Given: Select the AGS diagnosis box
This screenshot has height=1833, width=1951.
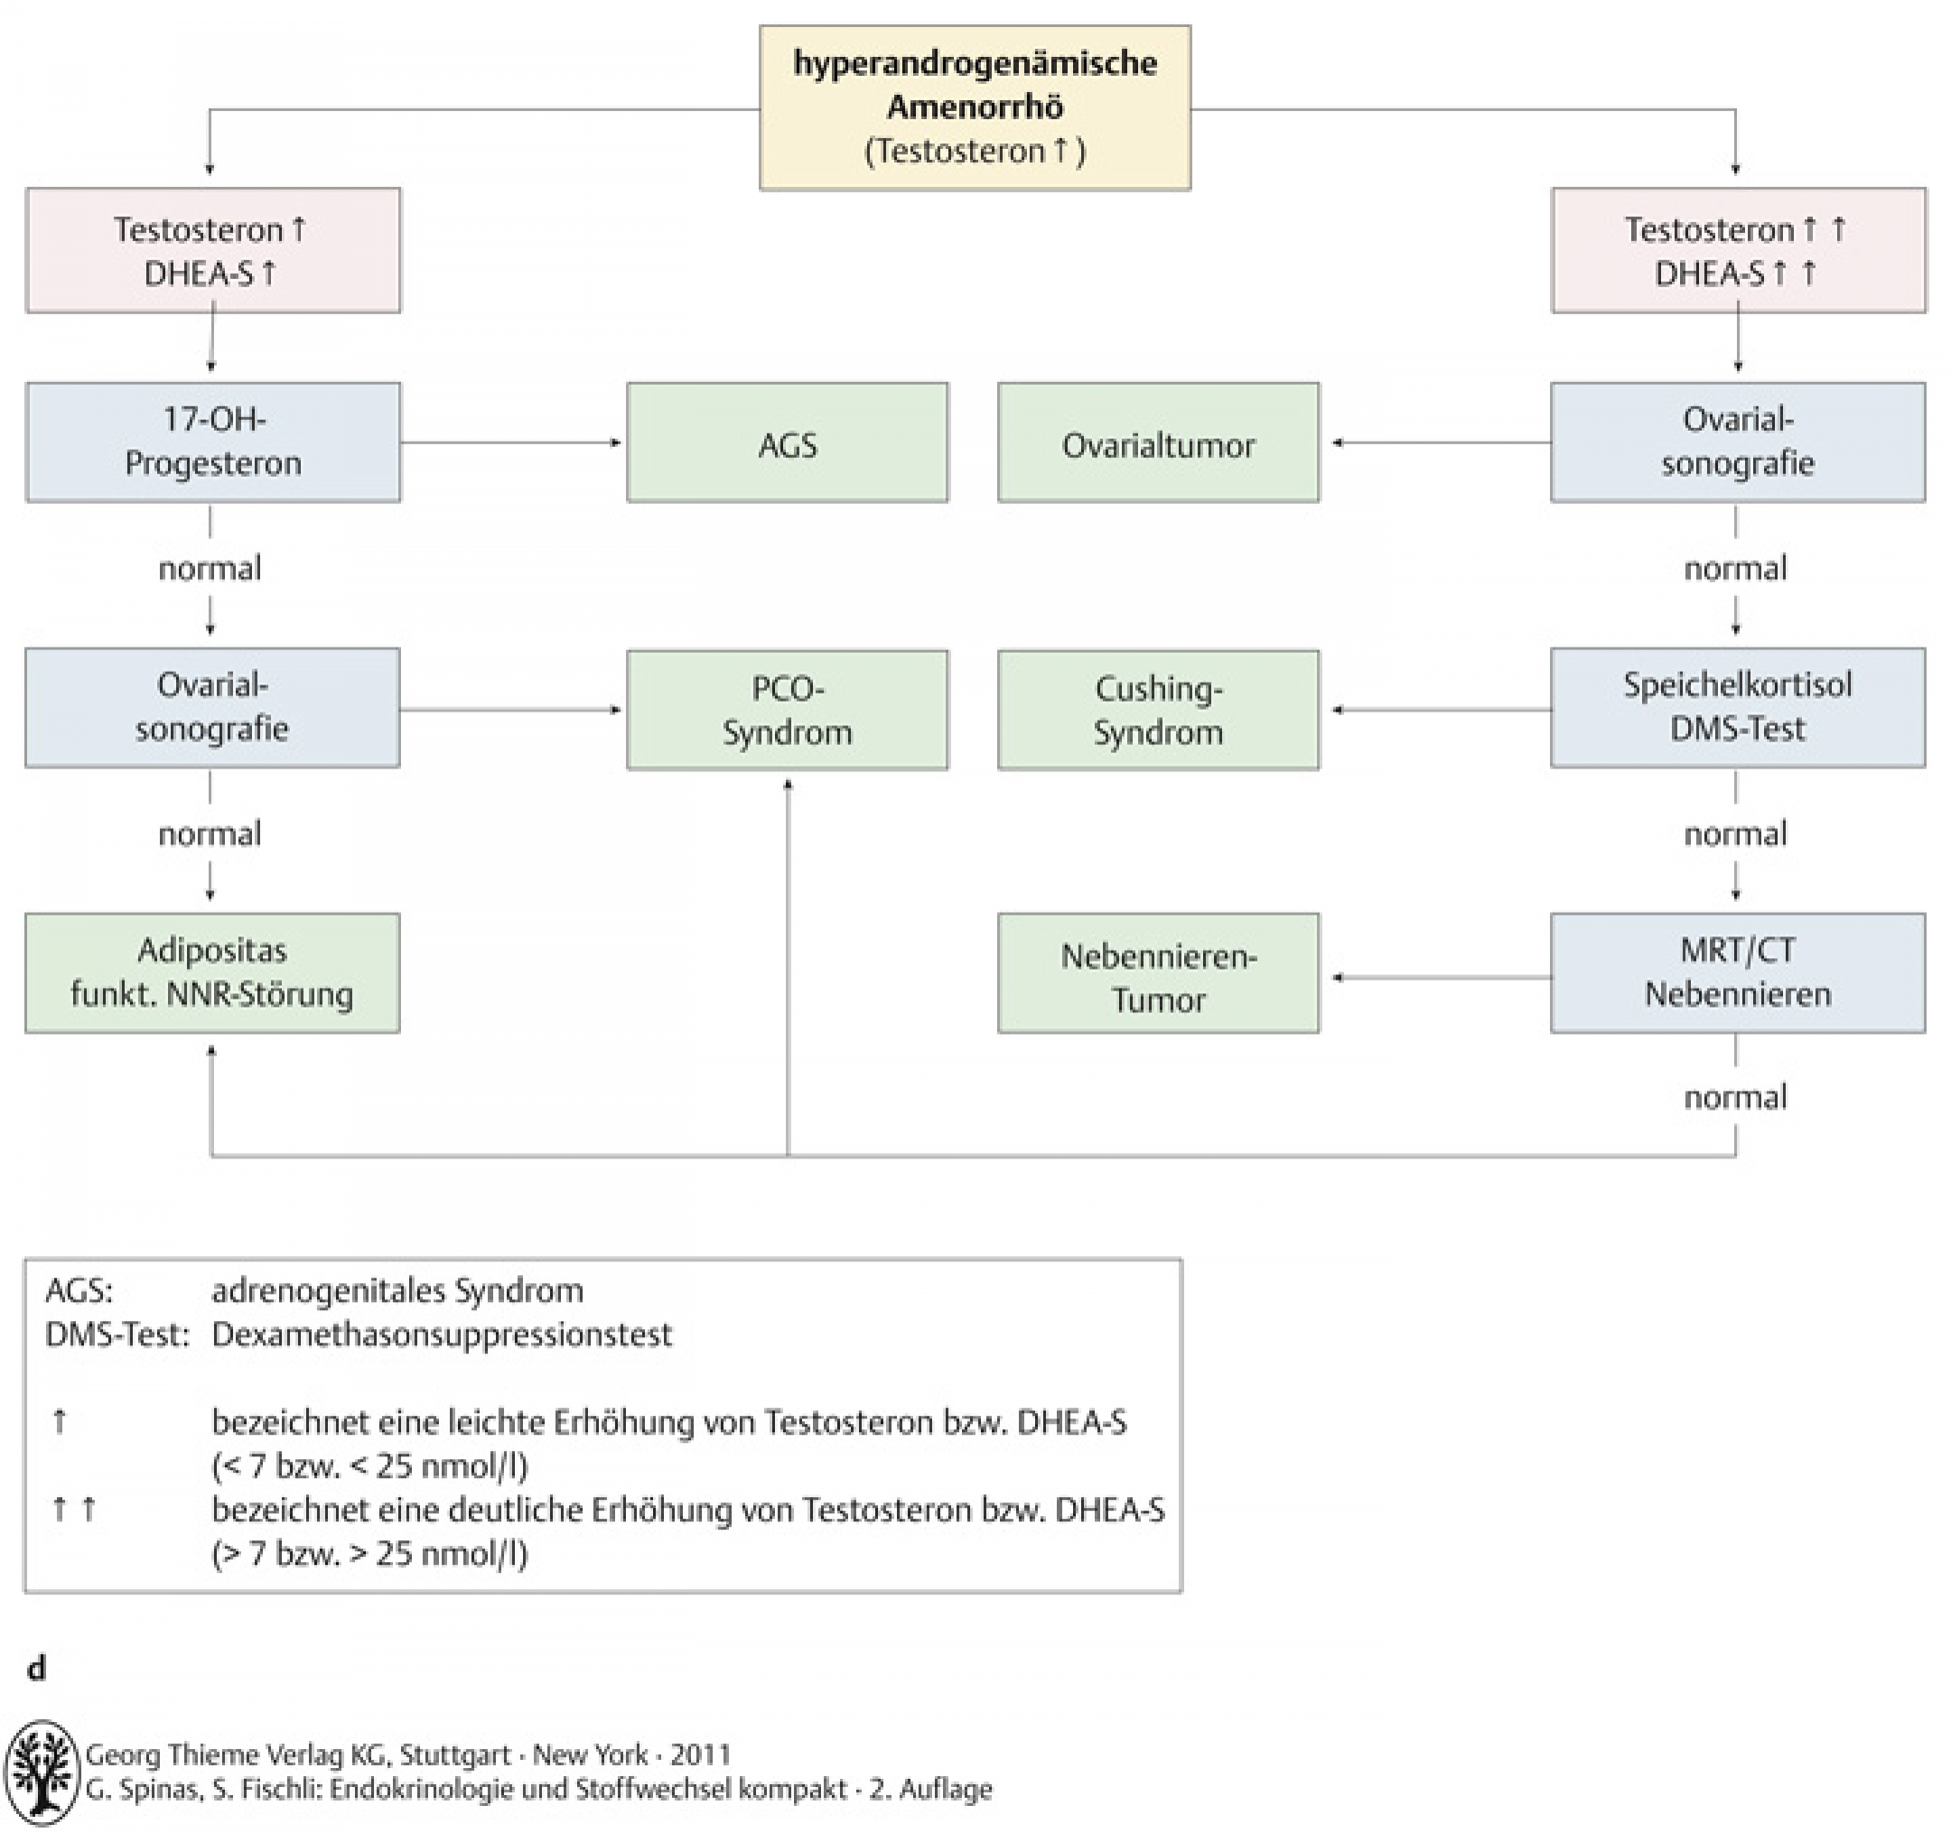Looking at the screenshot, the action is tap(787, 442).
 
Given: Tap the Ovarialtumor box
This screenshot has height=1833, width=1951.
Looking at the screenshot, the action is tap(1158, 442).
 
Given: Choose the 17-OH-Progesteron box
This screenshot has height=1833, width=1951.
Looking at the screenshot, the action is tap(213, 442).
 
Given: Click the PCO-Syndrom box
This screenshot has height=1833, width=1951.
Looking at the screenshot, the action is tap(787, 710).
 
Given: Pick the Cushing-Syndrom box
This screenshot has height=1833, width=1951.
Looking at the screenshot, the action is tap(1158, 710).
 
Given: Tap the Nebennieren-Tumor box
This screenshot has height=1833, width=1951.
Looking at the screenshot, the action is tap(1158, 973).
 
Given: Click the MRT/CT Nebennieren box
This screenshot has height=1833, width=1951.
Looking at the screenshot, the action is tap(1737, 972).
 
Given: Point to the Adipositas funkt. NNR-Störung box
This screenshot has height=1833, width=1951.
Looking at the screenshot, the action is tap(212, 972).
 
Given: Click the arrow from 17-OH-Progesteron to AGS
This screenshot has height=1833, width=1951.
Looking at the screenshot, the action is tap(511, 442).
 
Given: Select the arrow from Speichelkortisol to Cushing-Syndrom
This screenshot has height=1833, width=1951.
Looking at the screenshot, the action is tap(1441, 710).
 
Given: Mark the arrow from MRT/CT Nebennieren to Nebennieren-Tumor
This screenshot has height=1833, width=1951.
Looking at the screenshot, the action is tap(1441, 977).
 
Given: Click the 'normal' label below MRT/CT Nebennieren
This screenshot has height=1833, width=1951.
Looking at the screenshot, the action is tap(1735, 1097).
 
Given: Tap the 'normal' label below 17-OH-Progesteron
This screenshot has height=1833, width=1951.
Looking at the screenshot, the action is tap(210, 568).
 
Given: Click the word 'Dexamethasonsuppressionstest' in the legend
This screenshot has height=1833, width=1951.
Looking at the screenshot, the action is tap(442, 1335).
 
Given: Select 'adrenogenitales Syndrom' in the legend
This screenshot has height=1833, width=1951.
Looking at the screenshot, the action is tap(397, 1290).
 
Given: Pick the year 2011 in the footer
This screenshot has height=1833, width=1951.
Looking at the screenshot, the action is tap(701, 1754).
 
